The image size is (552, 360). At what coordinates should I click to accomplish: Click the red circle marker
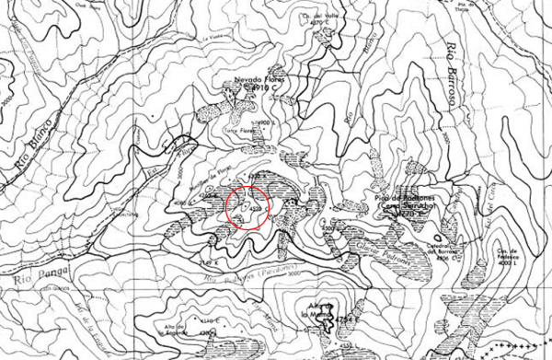pos(247,209)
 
